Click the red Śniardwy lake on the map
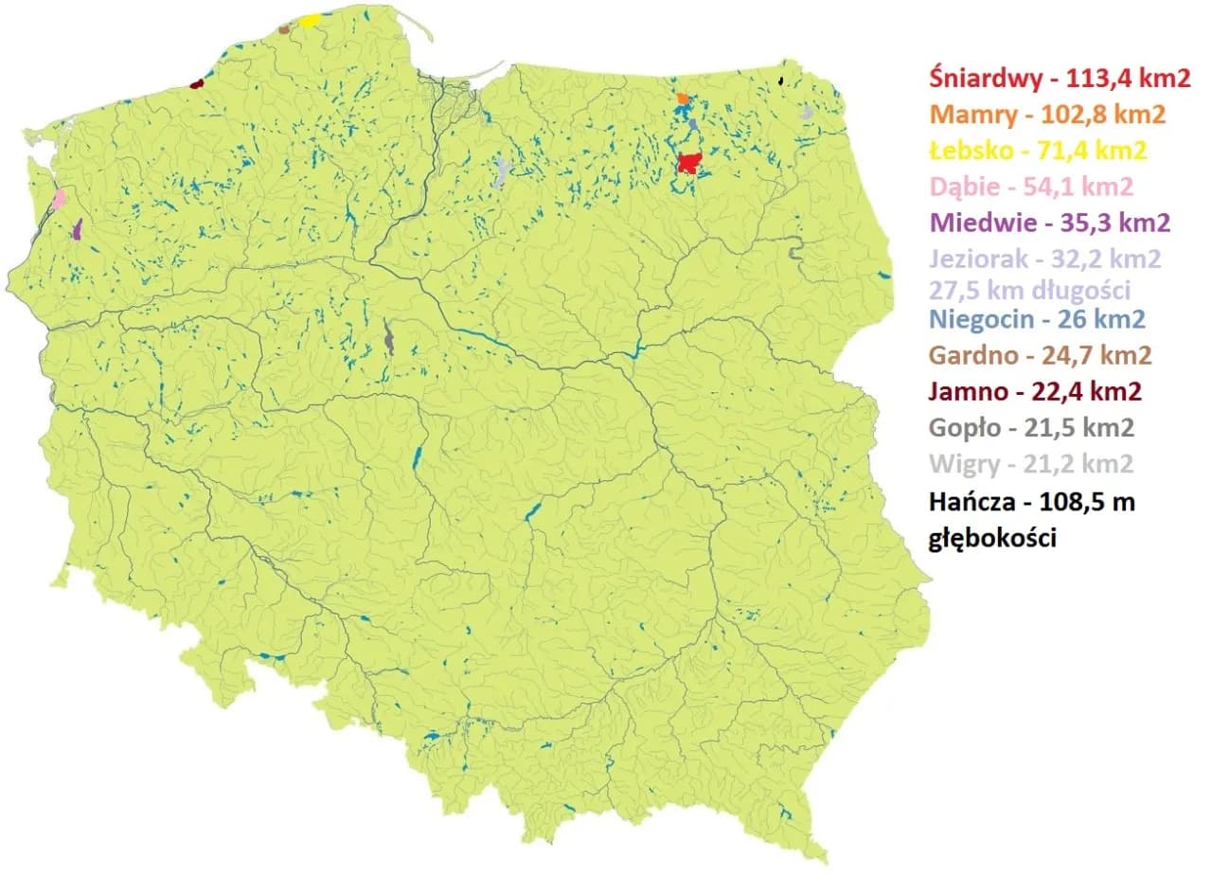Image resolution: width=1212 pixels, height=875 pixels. click(689, 164)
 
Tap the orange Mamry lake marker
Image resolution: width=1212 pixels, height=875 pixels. click(683, 98)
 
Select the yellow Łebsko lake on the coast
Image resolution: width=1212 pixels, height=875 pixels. click(310, 21)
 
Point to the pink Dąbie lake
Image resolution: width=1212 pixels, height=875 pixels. click(60, 198)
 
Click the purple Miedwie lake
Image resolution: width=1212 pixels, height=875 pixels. click(78, 229)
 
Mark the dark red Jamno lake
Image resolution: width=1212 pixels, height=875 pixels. click(197, 83)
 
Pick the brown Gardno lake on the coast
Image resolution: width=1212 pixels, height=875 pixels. click(283, 29)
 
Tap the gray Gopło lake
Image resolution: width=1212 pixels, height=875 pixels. click(388, 337)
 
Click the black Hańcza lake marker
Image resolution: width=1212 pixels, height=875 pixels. click(780, 81)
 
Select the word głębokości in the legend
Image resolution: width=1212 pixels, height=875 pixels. click(992, 537)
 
